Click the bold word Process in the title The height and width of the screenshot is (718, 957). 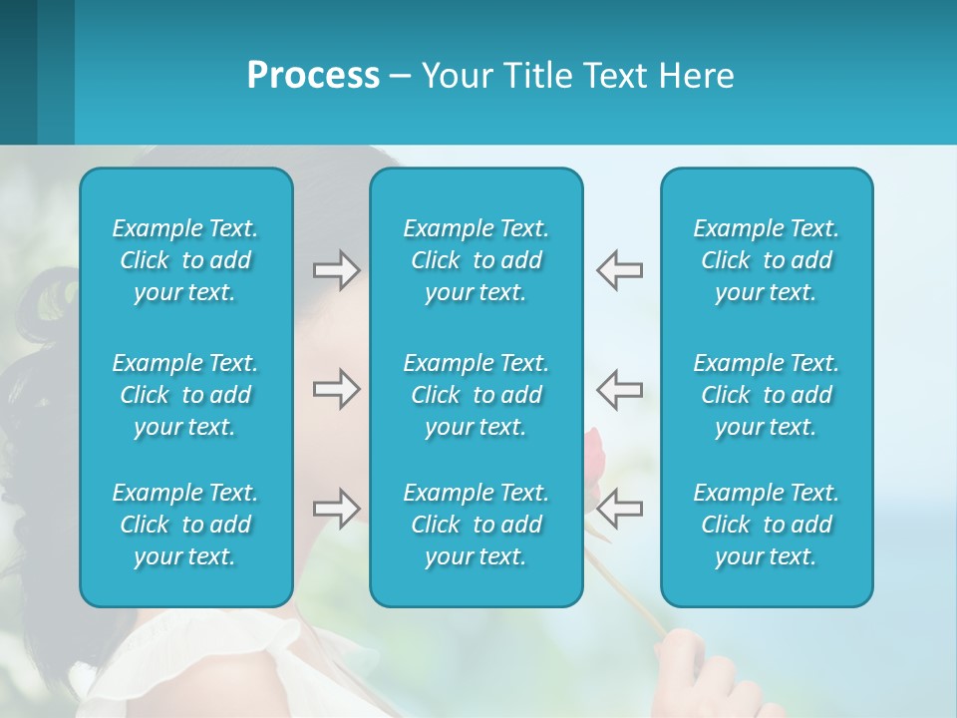(313, 76)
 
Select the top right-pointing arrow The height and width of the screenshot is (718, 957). (337, 269)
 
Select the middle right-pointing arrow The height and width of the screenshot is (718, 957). (337, 389)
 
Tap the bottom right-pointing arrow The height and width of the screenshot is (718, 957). (337, 509)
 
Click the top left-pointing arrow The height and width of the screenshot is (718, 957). (619, 269)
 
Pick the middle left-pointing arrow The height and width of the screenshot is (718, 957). (619, 389)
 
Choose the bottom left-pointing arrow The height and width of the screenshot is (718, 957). (619, 509)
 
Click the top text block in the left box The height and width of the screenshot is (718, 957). (185, 260)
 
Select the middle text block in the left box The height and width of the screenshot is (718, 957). (185, 395)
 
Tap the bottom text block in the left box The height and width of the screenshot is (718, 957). (185, 525)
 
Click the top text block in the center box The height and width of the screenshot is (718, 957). (477, 260)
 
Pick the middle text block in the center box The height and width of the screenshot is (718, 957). (477, 395)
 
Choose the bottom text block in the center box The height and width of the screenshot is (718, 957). (477, 525)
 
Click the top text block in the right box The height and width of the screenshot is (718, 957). (767, 260)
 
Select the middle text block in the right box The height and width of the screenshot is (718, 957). (767, 395)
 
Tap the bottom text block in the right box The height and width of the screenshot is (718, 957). (767, 525)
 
